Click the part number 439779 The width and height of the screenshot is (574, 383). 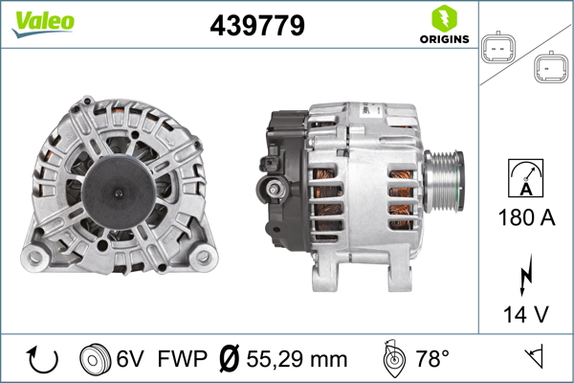(256, 26)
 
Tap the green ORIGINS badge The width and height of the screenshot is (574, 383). (443, 26)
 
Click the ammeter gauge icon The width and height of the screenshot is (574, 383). (527, 176)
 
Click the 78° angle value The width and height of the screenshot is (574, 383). (432, 359)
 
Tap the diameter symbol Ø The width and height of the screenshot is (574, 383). (229, 359)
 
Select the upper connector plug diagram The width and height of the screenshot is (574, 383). (498, 47)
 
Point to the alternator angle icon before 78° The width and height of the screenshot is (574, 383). (392, 359)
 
